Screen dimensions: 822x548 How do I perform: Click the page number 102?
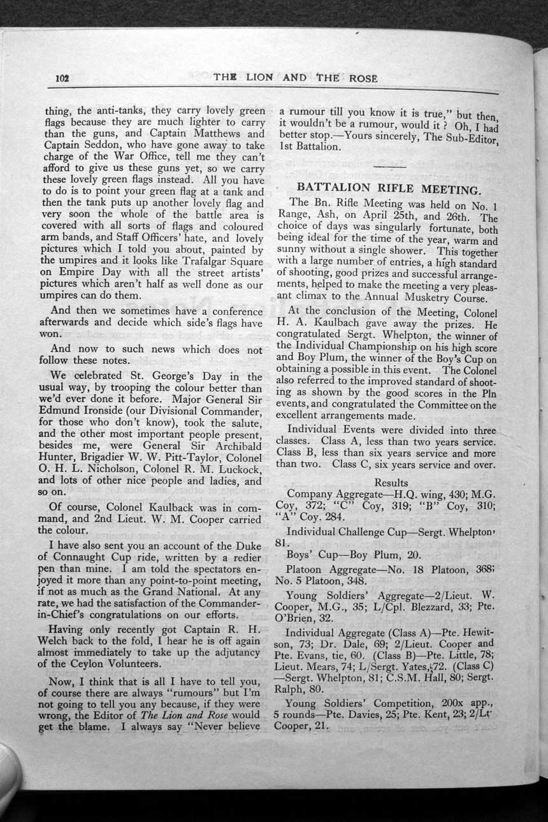click(62, 78)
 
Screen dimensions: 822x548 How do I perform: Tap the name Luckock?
click(232, 470)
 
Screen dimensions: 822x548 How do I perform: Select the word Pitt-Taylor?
click(172, 458)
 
